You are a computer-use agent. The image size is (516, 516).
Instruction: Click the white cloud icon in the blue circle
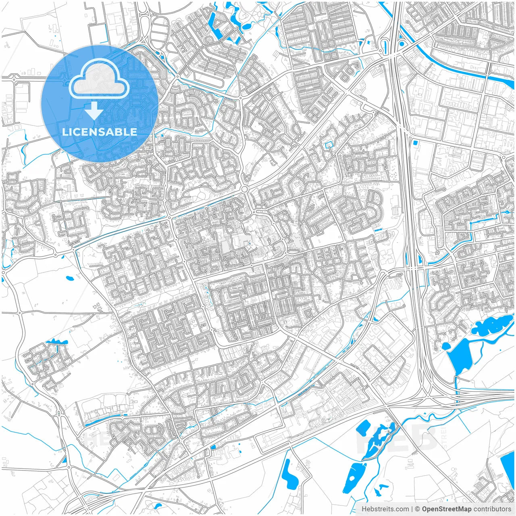(99, 79)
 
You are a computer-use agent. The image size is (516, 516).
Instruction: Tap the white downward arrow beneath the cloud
(94, 111)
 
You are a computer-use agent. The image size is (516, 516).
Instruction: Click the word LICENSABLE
(99, 132)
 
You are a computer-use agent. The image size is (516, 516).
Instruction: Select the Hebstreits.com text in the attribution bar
(385, 509)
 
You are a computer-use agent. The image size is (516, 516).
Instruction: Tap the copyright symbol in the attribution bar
(418, 509)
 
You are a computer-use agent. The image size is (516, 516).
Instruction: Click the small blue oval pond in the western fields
(70, 278)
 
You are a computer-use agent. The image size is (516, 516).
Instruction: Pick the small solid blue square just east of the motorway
(415, 142)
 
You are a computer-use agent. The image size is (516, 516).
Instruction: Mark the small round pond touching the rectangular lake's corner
(446, 346)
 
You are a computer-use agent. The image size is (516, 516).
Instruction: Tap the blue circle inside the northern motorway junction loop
(402, 44)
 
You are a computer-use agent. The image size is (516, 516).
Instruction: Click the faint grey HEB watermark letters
(397, 439)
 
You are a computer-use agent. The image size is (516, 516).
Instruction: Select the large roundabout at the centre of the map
(244, 189)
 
